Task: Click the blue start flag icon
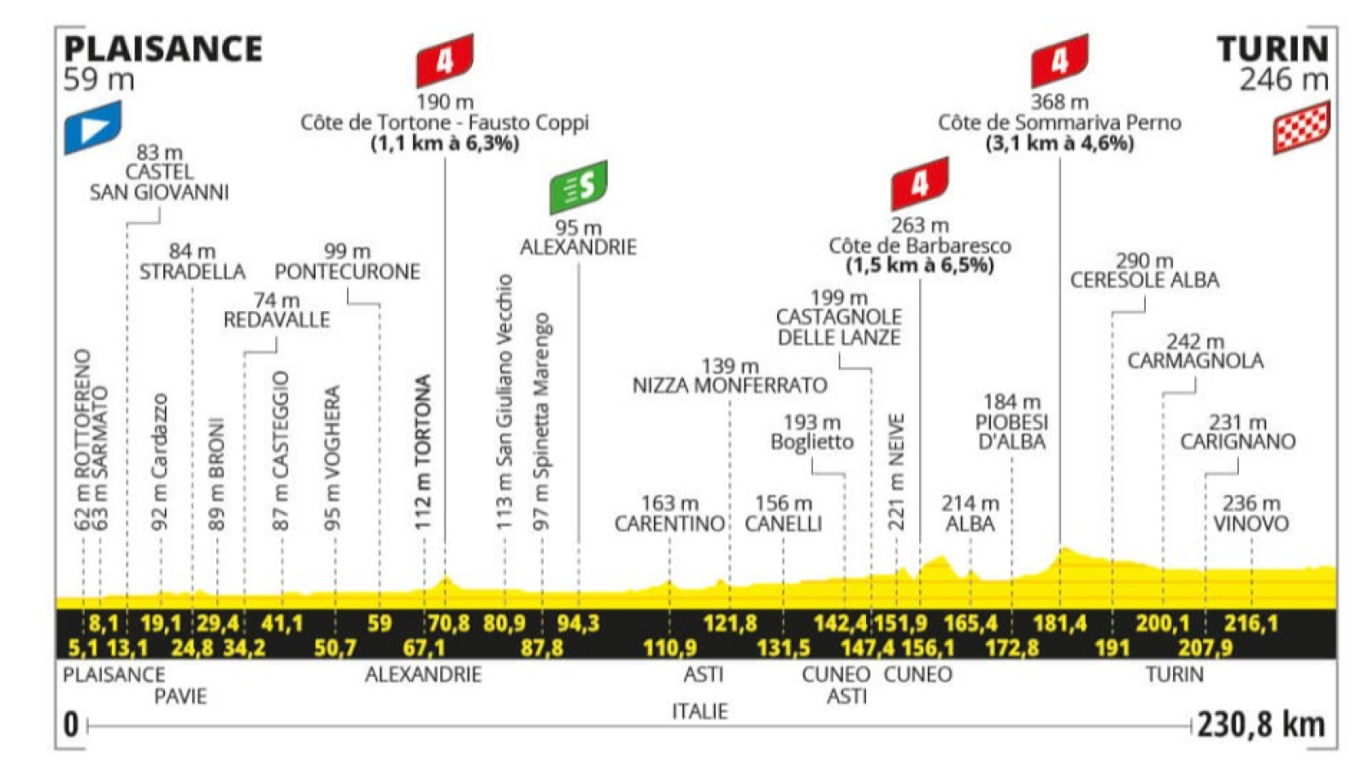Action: click(92, 128)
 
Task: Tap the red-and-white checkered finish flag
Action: click(1301, 128)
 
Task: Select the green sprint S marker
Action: click(578, 186)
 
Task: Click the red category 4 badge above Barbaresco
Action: click(919, 184)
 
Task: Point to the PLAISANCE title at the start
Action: click(162, 50)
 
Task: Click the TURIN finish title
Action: click(1272, 50)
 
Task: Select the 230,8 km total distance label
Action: click(1260, 725)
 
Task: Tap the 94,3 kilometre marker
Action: click(578, 623)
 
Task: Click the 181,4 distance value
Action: click(1059, 623)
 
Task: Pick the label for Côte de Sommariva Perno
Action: click(1059, 123)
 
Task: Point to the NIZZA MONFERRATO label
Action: click(729, 385)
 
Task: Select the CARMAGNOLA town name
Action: click(1194, 361)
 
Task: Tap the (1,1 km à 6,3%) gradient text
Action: click(445, 144)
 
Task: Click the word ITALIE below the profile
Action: click(699, 711)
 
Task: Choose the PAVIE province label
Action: click(180, 697)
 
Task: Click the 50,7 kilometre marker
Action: click(334, 648)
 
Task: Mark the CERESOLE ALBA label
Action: click(1144, 280)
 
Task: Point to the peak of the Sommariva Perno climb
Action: click(1064, 550)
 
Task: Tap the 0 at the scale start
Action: click(71, 725)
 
